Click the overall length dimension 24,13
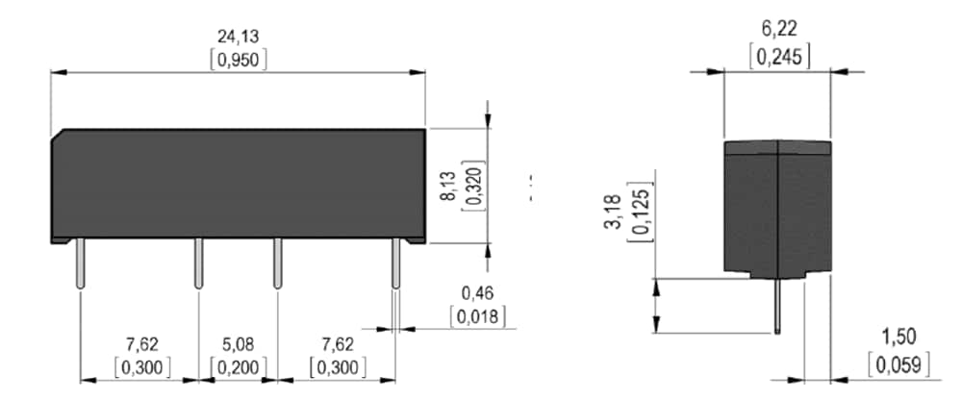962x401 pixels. (238, 37)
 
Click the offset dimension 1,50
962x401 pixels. (899, 337)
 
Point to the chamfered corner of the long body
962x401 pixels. (59, 135)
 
